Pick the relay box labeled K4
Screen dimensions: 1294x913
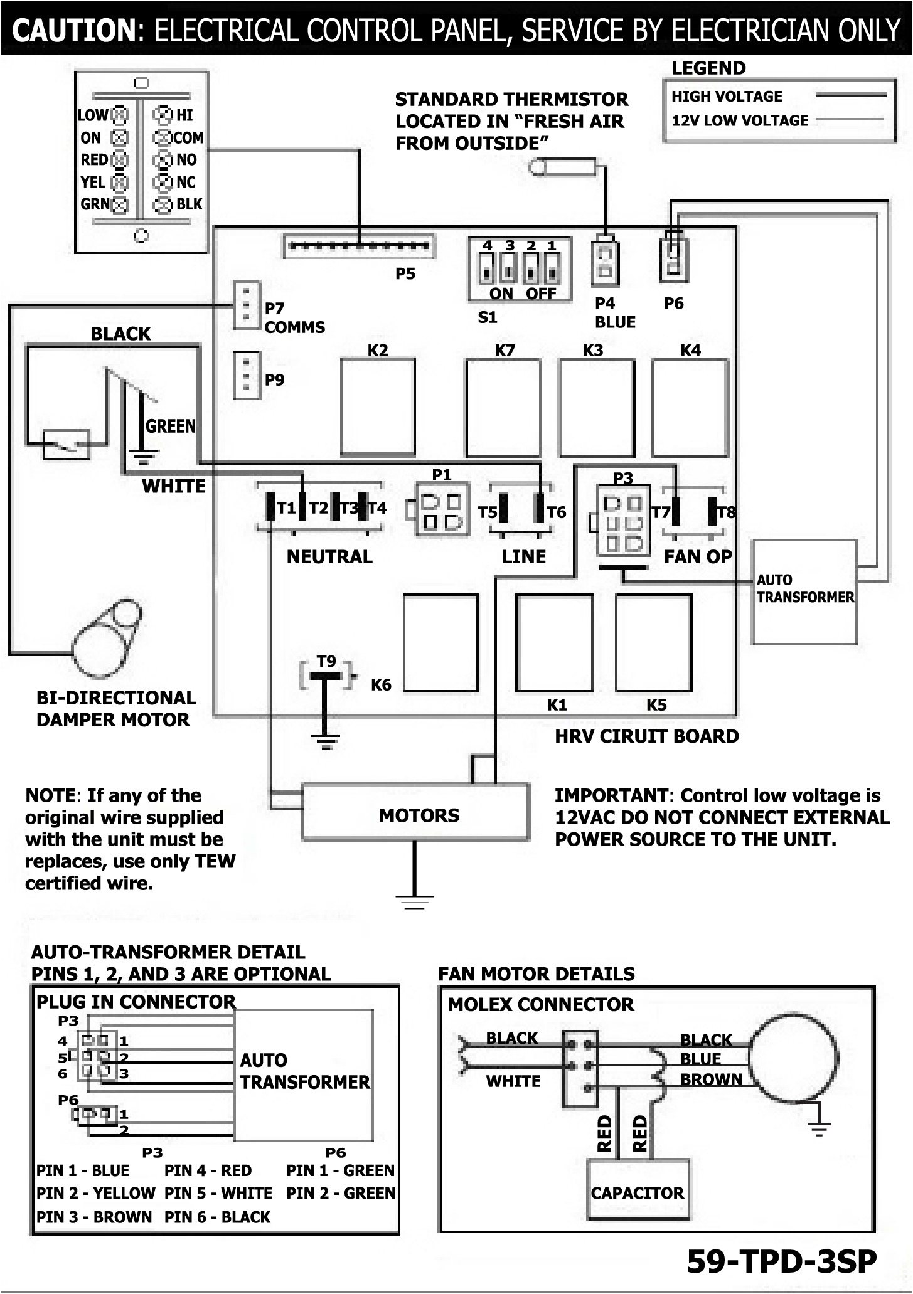pos(690,407)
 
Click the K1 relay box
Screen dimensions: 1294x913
pos(554,642)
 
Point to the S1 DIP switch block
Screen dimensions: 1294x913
pos(520,269)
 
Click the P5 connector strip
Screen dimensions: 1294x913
pos(358,246)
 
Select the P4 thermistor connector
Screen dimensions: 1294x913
pos(606,262)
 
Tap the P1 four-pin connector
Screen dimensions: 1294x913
pos(442,510)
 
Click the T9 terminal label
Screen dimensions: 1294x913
pos(326,662)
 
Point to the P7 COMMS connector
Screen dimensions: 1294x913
pos(247,305)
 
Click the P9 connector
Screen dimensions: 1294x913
pos(247,375)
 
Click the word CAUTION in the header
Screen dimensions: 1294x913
pos(74,29)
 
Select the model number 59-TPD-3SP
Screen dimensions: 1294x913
pos(781,1261)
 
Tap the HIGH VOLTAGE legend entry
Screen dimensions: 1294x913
pos(727,97)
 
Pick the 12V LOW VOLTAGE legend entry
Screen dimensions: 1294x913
pos(740,120)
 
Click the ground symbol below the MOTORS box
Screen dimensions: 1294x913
pos(415,902)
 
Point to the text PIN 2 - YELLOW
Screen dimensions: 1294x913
pos(95,1192)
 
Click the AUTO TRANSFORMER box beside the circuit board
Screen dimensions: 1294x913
pos(805,592)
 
